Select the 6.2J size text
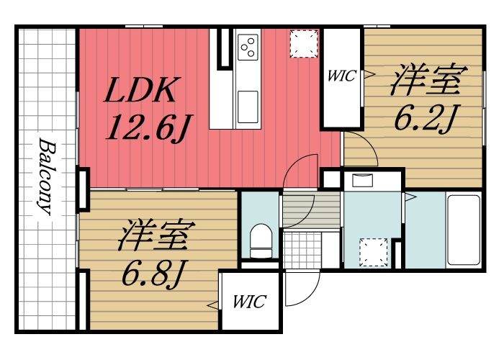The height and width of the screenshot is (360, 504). point(424,117)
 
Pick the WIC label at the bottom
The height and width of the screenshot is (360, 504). point(249,302)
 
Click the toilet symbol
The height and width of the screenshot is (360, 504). point(259,240)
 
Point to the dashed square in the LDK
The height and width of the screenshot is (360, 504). point(302,43)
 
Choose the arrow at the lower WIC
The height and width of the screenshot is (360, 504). point(214,306)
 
